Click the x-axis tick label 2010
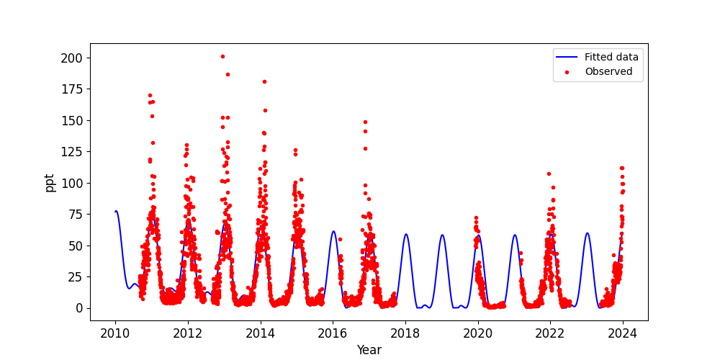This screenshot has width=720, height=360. tap(115, 333)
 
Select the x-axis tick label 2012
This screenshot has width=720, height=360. tap(188, 333)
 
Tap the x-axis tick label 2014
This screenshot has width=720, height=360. tap(261, 333)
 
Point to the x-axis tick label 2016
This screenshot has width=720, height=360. tap(333, 333)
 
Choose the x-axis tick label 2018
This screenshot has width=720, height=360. tap(405, 333)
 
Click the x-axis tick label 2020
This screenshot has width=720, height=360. tap(478, 333)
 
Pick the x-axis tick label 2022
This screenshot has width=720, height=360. tap(550, 333)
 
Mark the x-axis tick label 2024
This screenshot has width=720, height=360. tap(623, 333)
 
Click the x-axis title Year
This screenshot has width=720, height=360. tap(369, 350)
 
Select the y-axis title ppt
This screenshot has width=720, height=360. tap(50, 182)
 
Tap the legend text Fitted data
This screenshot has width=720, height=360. tap(611, 58)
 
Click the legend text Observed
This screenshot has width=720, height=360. tap(608, 72)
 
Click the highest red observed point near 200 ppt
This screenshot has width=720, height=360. tap(222, 56)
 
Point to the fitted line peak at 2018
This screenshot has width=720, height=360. tap(406, 234)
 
